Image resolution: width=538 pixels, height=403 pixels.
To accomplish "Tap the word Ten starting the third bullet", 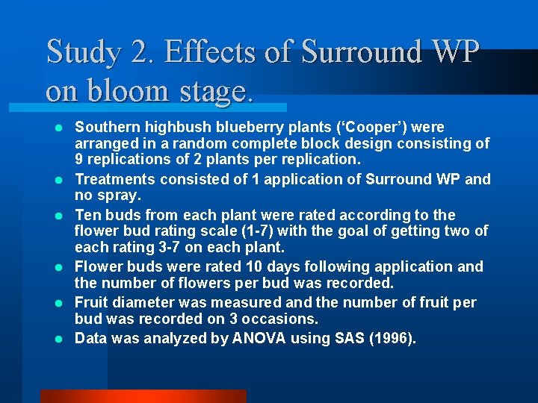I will tap(88, 214).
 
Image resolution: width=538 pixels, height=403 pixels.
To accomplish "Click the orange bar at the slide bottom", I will tap(143, 396).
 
